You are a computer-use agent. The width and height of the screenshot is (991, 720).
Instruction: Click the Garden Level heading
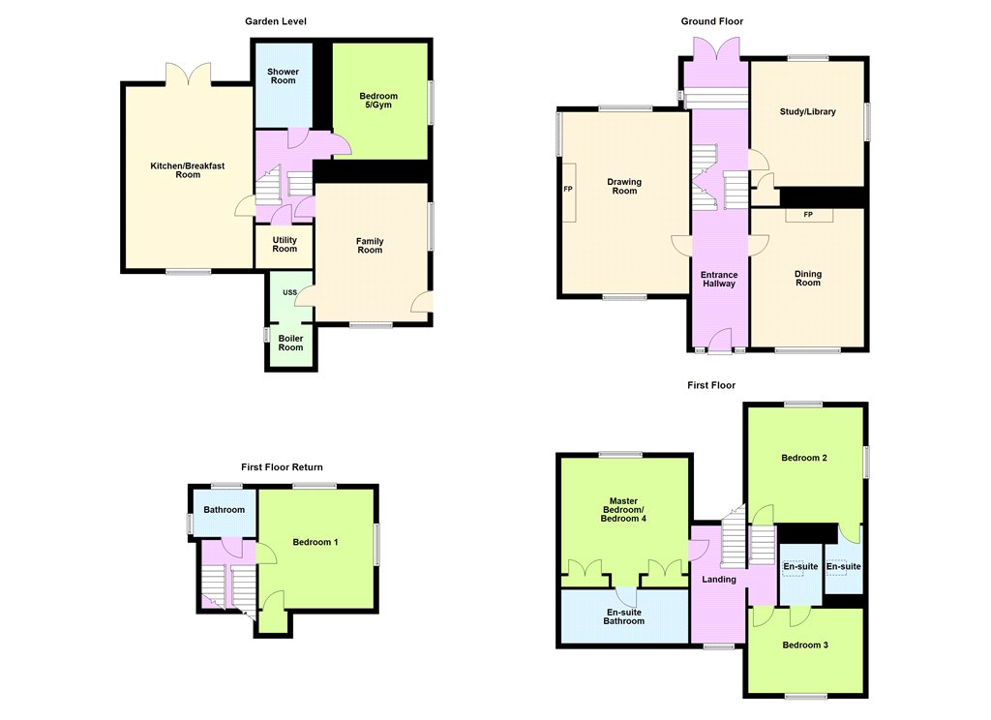tap(276, 21)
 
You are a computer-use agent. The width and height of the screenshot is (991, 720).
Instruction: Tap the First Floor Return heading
tap(282, 467)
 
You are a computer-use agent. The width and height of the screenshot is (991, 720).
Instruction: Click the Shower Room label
tap(284, 75)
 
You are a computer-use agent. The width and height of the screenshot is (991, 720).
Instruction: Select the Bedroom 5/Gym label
tap(378, 101)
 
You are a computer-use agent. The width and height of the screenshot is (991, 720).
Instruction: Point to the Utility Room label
tap(285, 244)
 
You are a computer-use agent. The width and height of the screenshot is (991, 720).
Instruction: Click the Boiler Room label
tap(290, 343)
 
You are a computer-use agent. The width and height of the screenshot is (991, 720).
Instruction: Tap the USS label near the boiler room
tap(289, 292)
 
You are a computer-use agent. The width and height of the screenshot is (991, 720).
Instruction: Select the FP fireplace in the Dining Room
tap(809, 215)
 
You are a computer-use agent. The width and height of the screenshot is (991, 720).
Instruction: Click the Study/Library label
tap(808, 112)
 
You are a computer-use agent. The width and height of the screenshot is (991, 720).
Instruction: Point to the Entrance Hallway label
tap(719, 279)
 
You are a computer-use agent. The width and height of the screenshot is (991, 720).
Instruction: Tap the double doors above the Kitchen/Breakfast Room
tap(188, 73)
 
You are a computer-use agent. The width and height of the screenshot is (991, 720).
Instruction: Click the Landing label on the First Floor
tap(719, 579)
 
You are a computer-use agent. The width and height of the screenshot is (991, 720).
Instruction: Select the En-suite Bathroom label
tap(624, 616)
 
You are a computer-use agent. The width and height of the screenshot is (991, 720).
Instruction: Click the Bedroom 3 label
tap(805, 645)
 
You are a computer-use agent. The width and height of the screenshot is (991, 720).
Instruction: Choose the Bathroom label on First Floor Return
tap(225, 509)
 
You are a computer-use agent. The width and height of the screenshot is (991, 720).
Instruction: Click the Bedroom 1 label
tap(315, 542)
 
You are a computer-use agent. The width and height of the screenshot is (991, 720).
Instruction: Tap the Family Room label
tap(370, 245)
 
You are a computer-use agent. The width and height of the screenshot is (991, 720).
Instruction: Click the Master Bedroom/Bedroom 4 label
tap(624, 509)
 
